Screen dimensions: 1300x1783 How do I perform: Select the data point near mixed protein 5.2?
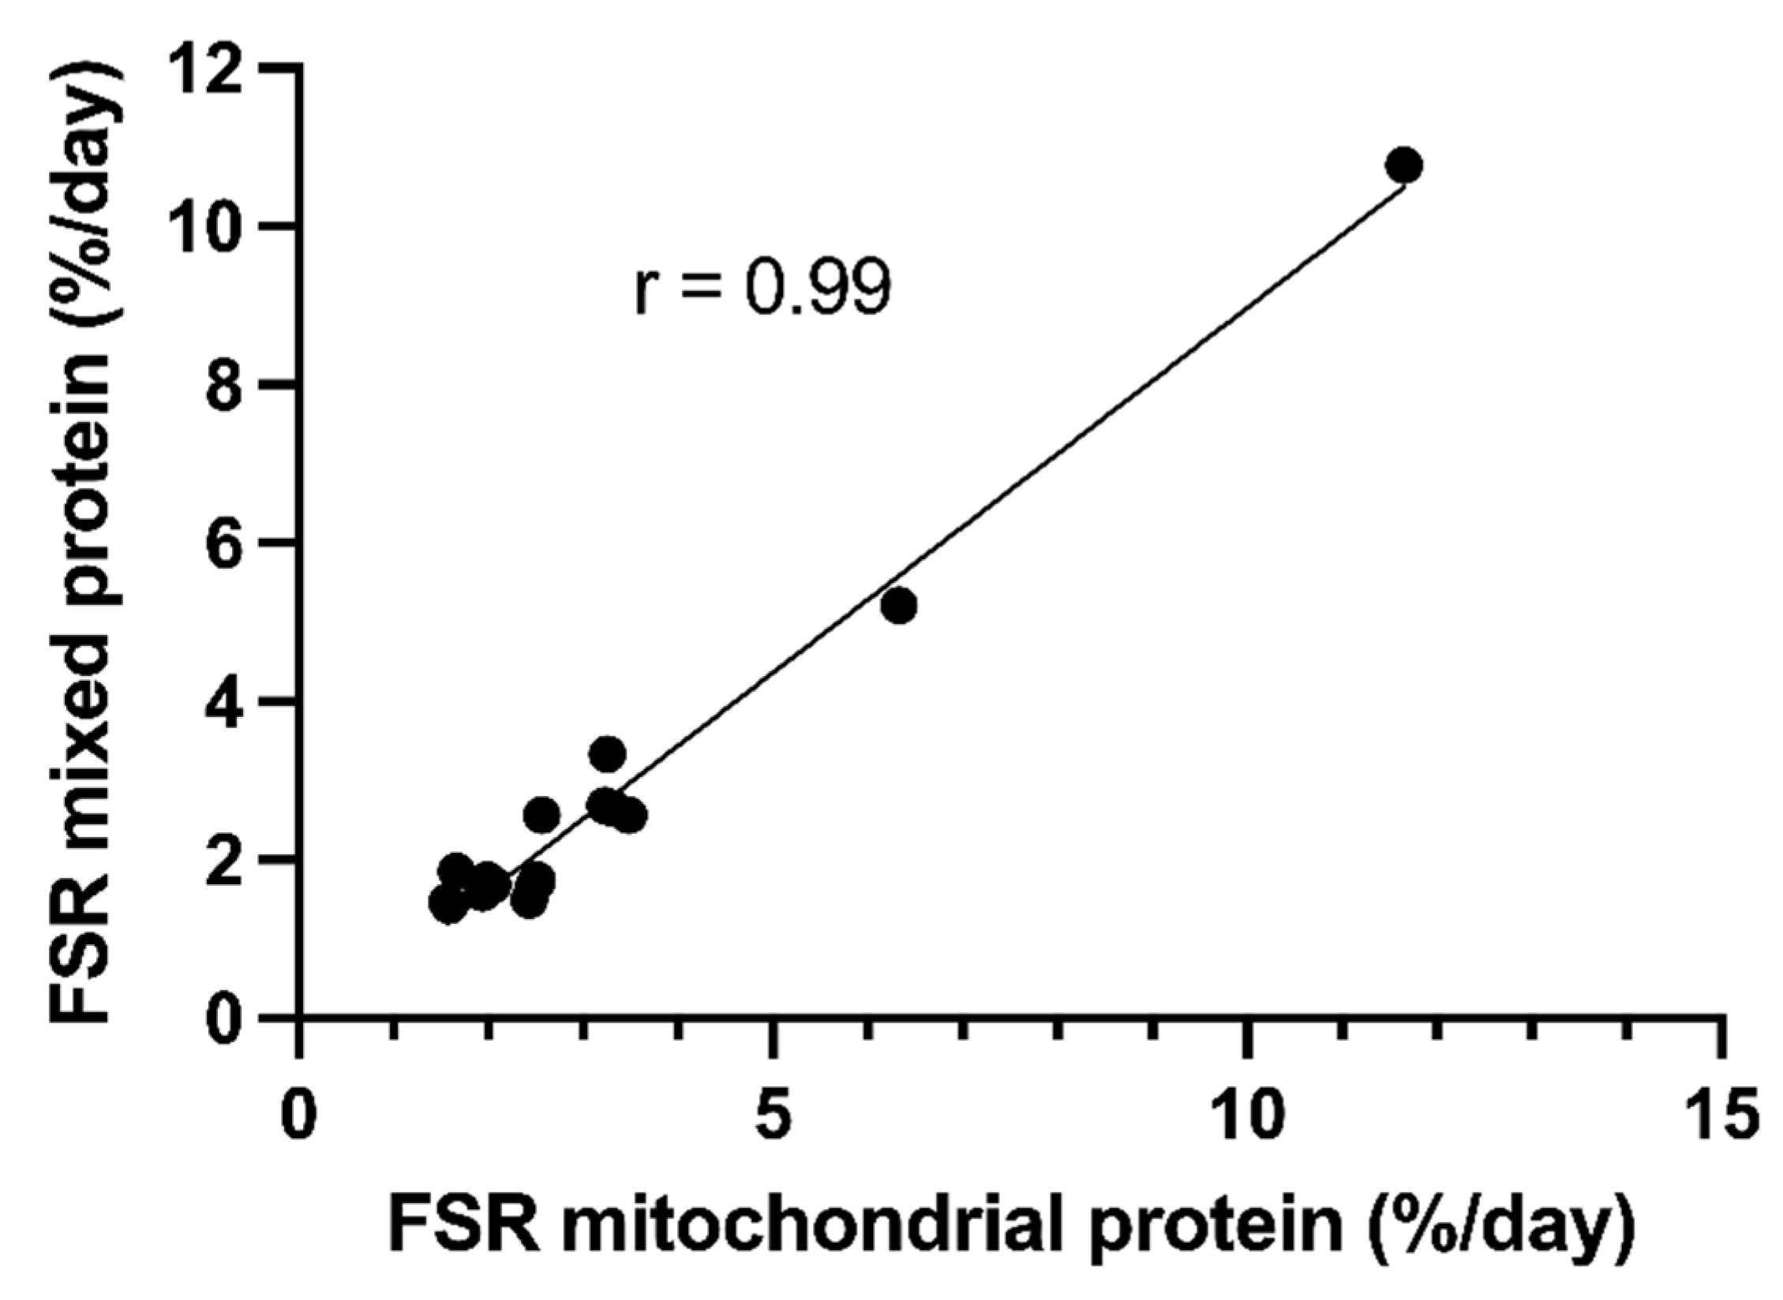point(898,605)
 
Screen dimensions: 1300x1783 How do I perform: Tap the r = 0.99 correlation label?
point(762,289)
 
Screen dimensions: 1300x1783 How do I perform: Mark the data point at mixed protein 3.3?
point(607,754)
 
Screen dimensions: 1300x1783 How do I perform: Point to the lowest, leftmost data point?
point(448,905)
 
